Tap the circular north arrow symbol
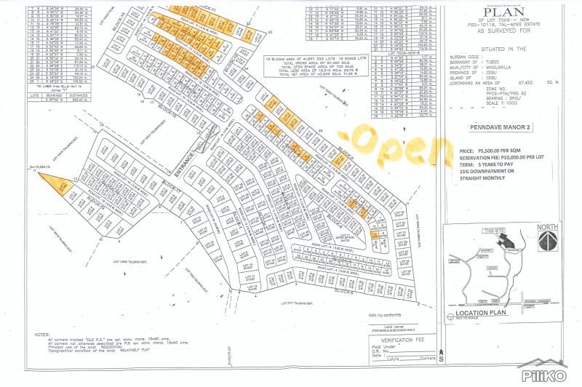click(547, 242)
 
